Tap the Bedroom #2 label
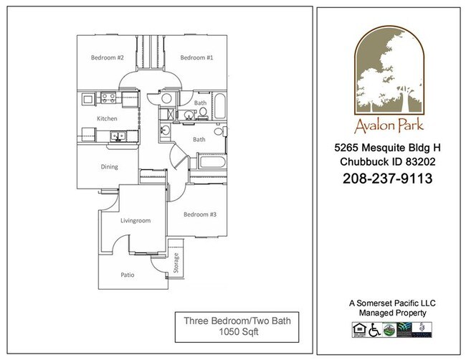click(108, 57)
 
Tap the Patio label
click(127, 274)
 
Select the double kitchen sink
click(117, 136)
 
